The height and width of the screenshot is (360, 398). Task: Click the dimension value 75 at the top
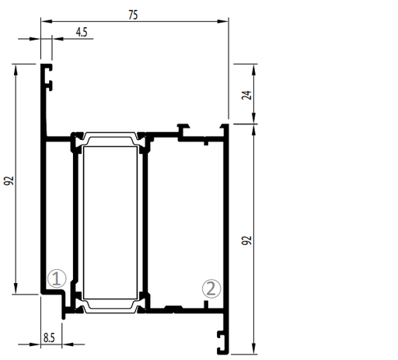coord(133,15)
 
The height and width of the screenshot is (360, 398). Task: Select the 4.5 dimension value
coord(82,33)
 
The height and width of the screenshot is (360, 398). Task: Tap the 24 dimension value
coord(246,95)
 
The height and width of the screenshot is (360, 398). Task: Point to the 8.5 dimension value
coord(49,338)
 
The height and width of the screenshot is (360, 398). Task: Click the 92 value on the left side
coord(9,180)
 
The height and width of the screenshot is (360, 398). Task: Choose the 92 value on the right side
coord(246,240)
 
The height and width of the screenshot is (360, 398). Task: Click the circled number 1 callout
coord(57,278)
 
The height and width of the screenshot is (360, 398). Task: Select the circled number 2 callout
coord(211,288)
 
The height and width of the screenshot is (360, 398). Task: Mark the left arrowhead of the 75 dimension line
coord(47,21)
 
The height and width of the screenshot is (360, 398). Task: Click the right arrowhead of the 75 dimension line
coord(222,21)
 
